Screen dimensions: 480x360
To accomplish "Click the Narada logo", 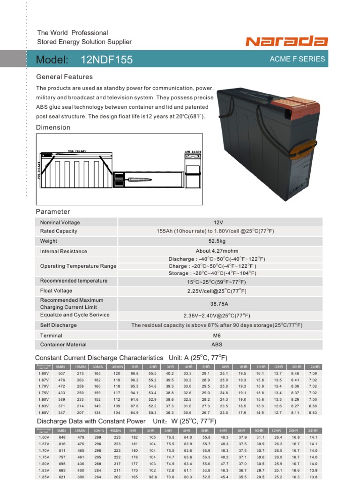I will click(x=287, y=42).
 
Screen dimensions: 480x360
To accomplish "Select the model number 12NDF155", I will click(x=106, y=60).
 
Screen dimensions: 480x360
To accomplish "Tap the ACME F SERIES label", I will click(x=297, y=60).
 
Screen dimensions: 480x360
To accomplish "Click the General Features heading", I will click(x=64, y=77).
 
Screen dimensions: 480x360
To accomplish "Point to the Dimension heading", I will click(x=53, y=127).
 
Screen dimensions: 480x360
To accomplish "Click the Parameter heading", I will click(x=53, y=212).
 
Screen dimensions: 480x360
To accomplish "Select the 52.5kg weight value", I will click(x=217, y=241).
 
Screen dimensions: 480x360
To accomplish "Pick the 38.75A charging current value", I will click(x=217, y=304).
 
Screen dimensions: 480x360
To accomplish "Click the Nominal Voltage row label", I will click(x=60, y=223).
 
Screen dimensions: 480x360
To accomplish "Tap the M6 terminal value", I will click(x=217, y=336).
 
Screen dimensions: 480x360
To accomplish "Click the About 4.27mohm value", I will click(x=217, y=251).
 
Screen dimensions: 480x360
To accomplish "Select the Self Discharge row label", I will click(x=59, y=325).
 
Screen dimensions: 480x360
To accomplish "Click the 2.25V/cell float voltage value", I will click(x=217, y=291).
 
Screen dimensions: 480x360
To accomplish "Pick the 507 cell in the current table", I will click(x=61, y=373).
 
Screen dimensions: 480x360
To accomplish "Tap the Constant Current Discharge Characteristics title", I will click(x=99, y=358).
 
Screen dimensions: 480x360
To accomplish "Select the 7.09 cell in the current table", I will click(x=313, y=373).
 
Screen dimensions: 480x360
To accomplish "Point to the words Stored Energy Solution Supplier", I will click(x=84, y=42).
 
